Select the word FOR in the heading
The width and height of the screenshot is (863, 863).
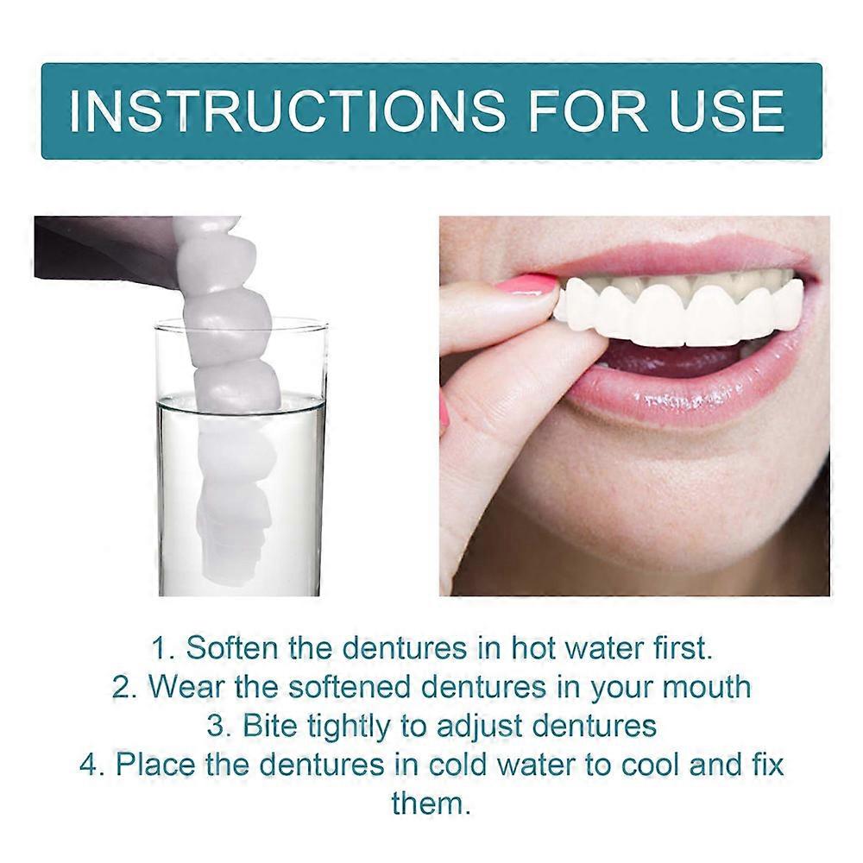(x=576, y=110)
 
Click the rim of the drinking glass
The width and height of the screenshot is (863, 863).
(x=242, y=322)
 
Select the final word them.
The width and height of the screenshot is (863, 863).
(x=431, y=803)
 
